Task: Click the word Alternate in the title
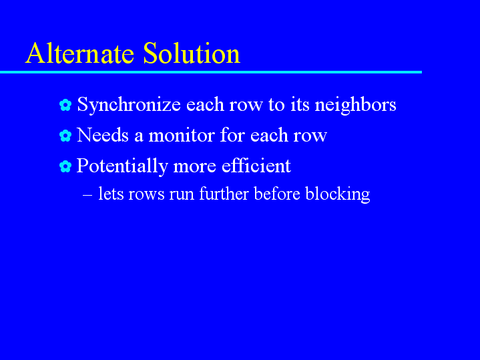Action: [x=80, y=53]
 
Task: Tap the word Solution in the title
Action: [x=192, y=53]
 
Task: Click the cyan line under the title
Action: [x=211, y=72]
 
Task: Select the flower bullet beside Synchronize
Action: [x=65, y=105]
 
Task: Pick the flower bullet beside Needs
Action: [x=65, y=136]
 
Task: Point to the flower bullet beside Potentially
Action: [x=65, y=166]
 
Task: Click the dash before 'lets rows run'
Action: [x=87, y=195]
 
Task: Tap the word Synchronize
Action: [x=129, y=105]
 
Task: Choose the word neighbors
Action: [x=355, y=105]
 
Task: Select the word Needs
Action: [x=103, y=135]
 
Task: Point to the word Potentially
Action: [x=122, y=166]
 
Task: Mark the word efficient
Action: [x=256, y=166]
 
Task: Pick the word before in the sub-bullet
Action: [x=277, y=193]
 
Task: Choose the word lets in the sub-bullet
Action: [x=111, y=193]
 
